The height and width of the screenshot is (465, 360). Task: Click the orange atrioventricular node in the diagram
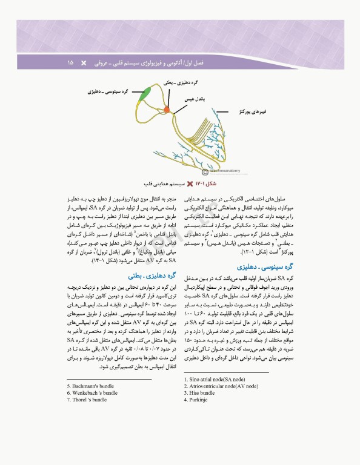167,110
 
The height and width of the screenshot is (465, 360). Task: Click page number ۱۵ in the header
70,62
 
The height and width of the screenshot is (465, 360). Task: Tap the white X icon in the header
84,62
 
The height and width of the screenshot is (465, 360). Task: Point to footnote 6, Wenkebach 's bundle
95,392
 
